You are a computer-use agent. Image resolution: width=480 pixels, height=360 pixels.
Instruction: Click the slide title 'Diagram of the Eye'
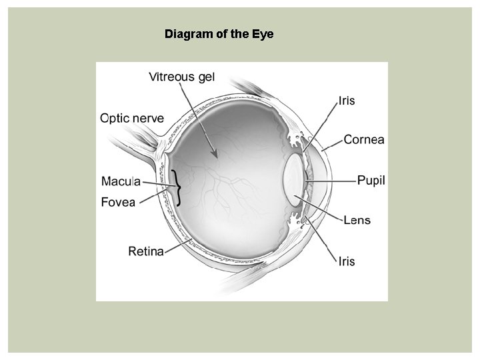coord(219,33)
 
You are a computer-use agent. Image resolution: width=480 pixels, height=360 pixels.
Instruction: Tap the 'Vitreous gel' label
coord(181,77)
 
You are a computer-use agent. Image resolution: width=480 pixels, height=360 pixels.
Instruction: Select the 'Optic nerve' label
coord(132,118)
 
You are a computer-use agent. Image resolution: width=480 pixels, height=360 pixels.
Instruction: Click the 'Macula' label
coord(121,180)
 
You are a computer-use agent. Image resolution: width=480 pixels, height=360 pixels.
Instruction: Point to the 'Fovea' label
coord(119,201)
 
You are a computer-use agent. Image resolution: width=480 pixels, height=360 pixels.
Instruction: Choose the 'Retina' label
coord(146,251)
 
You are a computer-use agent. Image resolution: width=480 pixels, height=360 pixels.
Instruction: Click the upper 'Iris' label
coord(347,101)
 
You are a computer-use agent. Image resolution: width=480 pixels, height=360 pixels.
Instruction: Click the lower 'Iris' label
coord(346,261)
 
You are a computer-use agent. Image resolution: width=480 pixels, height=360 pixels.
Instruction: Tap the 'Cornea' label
coord(364,140)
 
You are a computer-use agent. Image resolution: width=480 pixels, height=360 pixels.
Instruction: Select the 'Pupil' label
coord(371,180)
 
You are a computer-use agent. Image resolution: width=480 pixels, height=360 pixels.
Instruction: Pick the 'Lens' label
coord(357,220)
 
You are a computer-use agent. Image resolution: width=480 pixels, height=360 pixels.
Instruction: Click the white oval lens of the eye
coord(293,180)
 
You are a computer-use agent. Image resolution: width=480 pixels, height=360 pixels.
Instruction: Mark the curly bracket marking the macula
coord(178,187)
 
